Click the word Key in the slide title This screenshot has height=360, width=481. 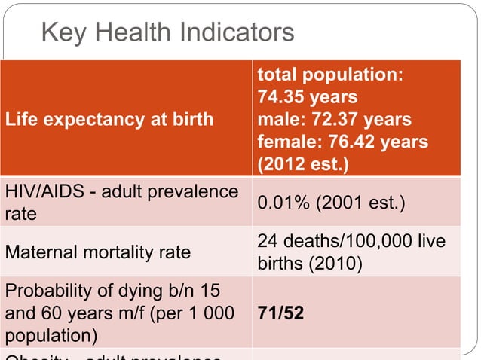pos(62,32)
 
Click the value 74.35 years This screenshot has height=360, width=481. pos(307,97)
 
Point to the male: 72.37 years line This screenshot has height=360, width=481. pos(334,119)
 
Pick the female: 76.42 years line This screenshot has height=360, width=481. pos(342,141)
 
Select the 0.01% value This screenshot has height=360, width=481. pos(283,203)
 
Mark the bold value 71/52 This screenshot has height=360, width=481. pos(280,312)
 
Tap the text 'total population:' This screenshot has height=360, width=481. pos(330,75)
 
